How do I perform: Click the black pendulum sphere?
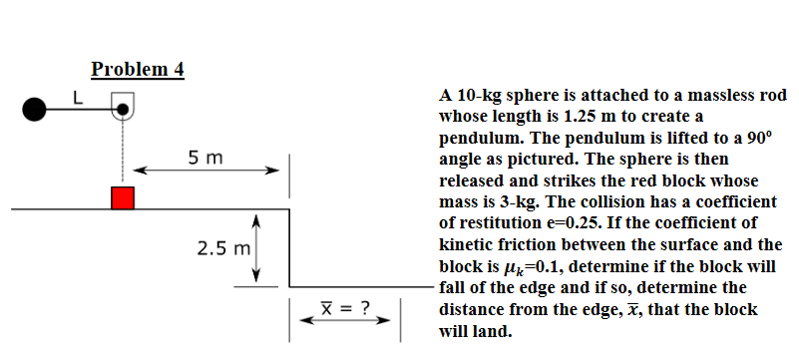pyautogui.click(x=35, y=106)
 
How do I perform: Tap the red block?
pyautogui.click(x=122, y=197)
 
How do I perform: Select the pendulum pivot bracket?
pyautogui.click(x=122, y=104)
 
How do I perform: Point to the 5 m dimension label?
pyautogui.click(x=206, y=158)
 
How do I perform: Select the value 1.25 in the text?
pyautogui.click(x=572, y=117)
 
